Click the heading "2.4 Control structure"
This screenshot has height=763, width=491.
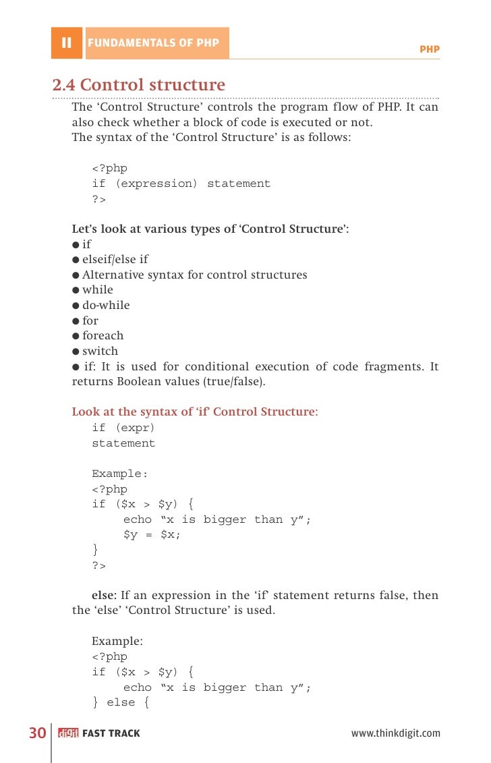139,86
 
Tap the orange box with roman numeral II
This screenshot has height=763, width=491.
66,43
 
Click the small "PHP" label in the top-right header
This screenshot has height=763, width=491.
429,49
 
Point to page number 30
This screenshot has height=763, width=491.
37,733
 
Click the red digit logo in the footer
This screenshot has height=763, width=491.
68,733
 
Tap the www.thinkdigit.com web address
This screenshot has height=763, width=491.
395,733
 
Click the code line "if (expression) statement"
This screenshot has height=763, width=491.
181,183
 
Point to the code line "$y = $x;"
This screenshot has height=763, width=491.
152,534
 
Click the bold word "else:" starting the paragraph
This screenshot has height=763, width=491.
104,596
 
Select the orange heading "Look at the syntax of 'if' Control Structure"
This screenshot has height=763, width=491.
195,412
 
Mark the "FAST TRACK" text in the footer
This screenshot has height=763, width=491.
111,733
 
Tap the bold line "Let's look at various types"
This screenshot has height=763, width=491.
210,229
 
